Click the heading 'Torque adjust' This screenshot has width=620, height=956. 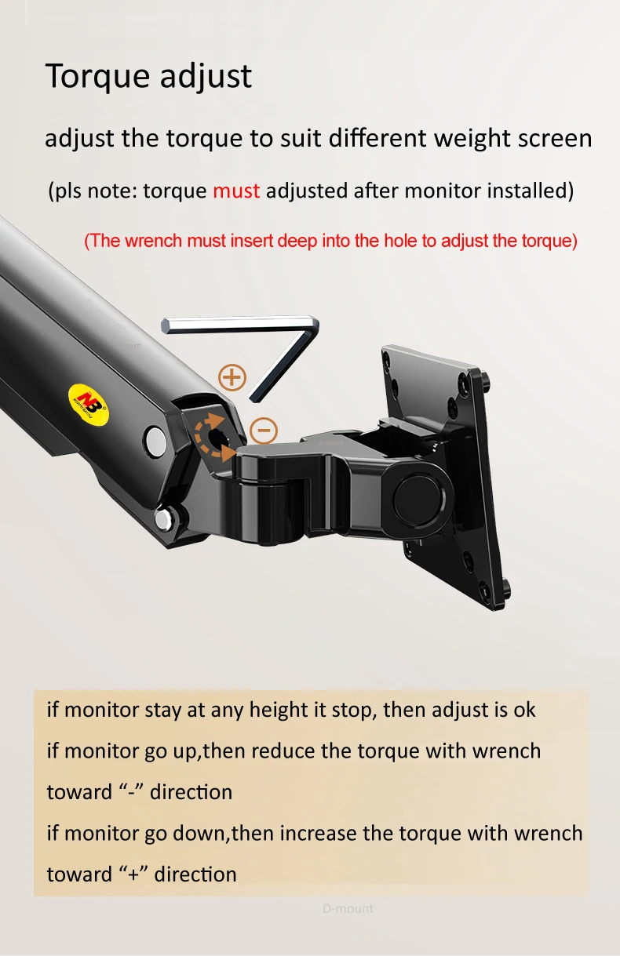[x=148, y=77]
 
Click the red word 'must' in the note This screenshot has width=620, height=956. [x=236, y=191]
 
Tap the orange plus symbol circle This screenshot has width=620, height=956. [x=232, y=377]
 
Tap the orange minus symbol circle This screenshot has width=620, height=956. [x=264, y=431]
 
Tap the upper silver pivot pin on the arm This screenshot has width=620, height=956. [x=155, y=441]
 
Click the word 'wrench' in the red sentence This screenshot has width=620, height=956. [x=154, y=241]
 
